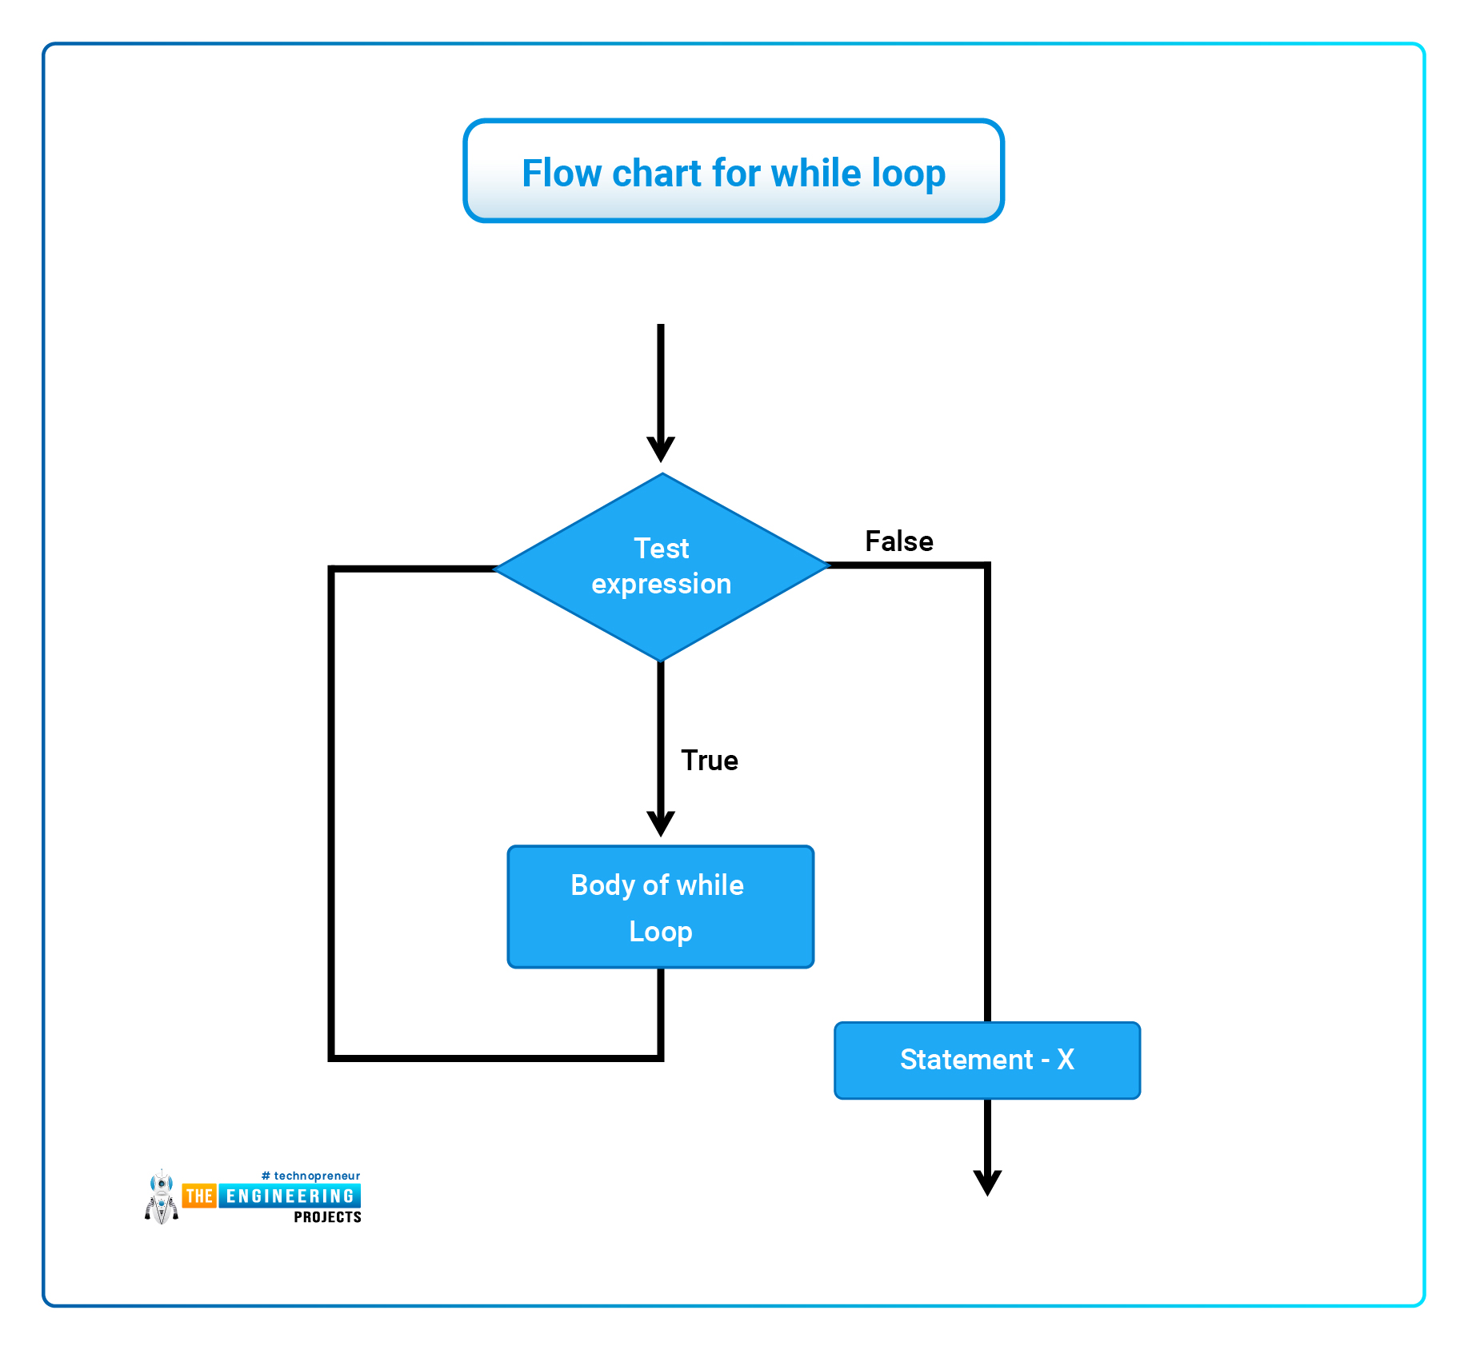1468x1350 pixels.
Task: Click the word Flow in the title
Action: (562, 173)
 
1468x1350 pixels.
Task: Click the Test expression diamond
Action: (662, 567)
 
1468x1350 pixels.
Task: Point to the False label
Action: (899, 541)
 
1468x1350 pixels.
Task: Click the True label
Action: (710, 761)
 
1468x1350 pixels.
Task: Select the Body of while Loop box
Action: (661, 907)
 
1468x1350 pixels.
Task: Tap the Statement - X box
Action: (987, 1060)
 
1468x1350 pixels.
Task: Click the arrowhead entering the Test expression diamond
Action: (661, 449)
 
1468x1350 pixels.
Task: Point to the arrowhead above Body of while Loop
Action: (661, 825)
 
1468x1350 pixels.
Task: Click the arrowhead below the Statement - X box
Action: (988, 1184)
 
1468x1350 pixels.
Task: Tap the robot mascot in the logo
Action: (162, 1197)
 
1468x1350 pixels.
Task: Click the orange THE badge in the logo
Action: (199, 1196)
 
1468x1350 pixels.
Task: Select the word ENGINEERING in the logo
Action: (290, 1196)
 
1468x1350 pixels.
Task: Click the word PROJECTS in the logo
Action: (328, 1217)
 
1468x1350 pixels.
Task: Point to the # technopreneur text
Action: (310, 1176)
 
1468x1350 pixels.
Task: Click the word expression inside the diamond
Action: (662, 585)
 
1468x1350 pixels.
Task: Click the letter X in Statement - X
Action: (1066, 1060)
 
